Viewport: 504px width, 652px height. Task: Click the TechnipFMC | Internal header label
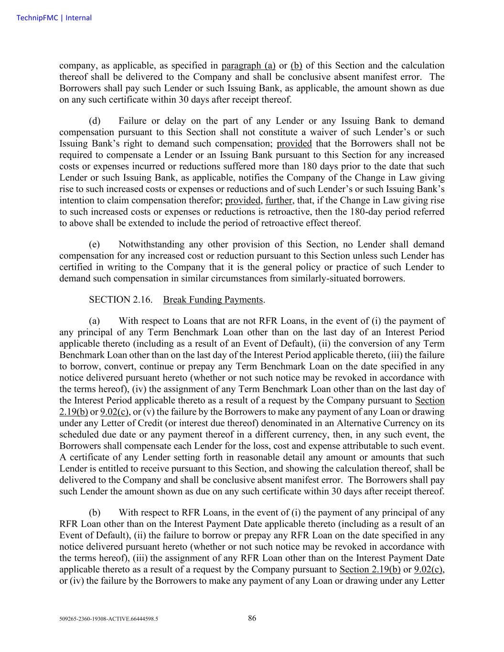54,18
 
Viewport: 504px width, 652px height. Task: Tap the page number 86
252,618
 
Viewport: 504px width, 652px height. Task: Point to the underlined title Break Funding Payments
213,300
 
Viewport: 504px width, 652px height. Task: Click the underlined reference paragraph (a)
248,66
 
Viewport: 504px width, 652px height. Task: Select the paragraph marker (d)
95,121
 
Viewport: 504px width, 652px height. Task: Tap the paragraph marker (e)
95,245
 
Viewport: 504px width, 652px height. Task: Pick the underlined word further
279,201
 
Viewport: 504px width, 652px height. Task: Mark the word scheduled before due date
78,435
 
